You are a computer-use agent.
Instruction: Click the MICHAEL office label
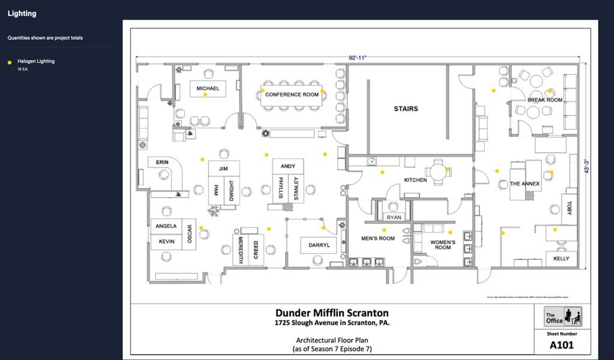[208, 88]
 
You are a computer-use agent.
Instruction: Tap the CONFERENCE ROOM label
[292, 95]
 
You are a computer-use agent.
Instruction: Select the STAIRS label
[406, 108]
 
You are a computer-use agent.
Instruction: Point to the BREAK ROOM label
[544, 100]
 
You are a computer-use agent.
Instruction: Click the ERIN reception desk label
[162, 162]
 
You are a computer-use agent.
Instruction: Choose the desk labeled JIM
[223, 168]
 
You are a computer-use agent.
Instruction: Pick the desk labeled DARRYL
[319, 245]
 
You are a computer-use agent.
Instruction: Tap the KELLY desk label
[561, 259]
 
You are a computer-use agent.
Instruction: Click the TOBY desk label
[569, 208]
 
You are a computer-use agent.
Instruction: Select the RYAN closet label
[394, 217]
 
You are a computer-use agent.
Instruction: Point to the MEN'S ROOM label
[378, 238]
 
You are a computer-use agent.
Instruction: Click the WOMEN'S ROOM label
[443, 244]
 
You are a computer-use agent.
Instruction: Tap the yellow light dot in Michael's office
[205, 95]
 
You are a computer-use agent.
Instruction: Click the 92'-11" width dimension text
[358, 58]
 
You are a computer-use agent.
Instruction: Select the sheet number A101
[561, 345]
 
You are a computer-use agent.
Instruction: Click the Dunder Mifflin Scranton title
[332, 313]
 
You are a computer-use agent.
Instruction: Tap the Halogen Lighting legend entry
[36, 61]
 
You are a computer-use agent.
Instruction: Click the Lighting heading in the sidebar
[22, 14]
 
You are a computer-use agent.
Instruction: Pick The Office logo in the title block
[563, 317]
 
